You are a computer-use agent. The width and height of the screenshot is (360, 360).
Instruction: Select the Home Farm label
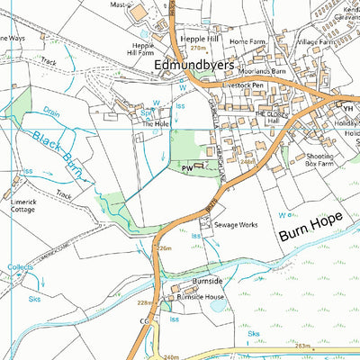[x=248, y=41]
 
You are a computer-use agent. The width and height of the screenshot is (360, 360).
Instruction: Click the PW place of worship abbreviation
[x=185, y=168]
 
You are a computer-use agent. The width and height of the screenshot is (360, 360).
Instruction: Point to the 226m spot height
[x=163, y=248]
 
